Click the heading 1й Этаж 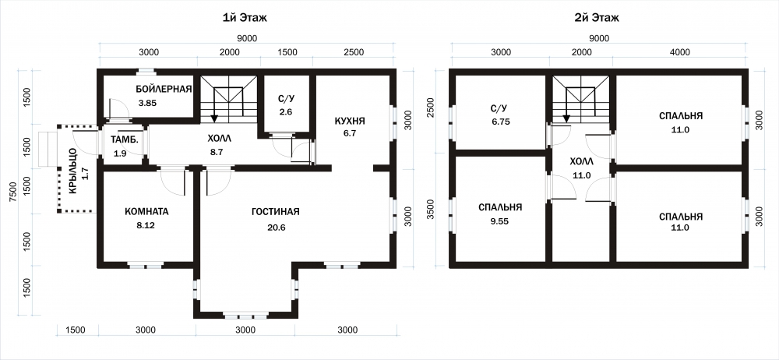[245, 19]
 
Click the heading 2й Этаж [596, 19]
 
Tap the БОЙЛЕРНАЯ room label [164, 89]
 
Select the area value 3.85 [148, 104]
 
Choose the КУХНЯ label [350, 121]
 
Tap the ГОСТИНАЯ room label [275, 212]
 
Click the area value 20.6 [275, 228]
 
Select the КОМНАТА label [146, 211]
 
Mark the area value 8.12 [146, 225]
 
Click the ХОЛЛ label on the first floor [219, 138]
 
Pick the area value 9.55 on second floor [500, 221]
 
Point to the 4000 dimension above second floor [679, 51]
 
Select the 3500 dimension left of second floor [430, 211]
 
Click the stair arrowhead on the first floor [215, 118]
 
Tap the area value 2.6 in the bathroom [286, 112]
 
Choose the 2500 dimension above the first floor [353, 51]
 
